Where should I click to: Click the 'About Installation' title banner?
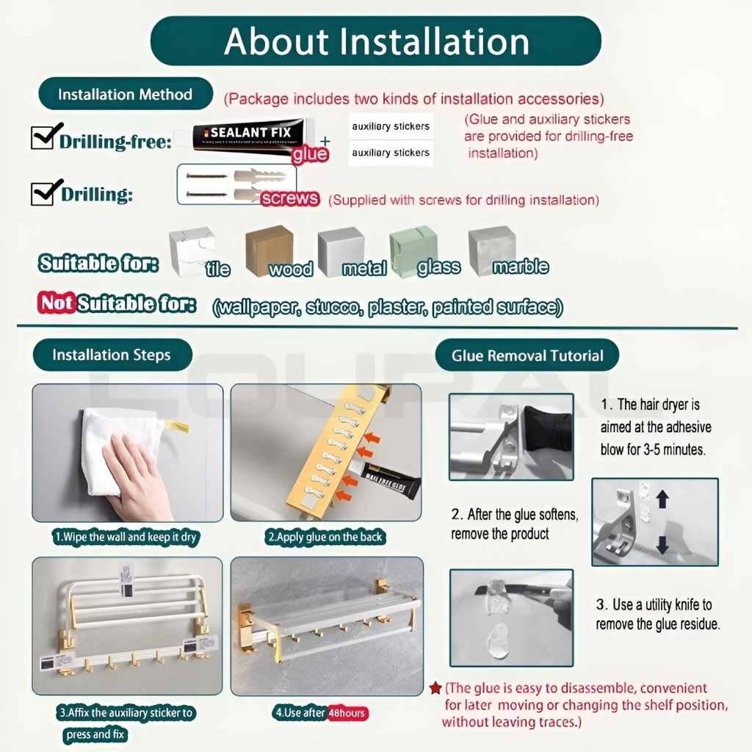click(x=375, y=41)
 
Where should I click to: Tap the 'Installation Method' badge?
click(x=125, y=95)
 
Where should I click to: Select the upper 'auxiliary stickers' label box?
click(x=390, y=126)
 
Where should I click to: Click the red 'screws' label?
click(x=289, y=198)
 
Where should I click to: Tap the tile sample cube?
click(x=191, y=251)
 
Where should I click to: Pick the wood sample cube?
click(x=268, y=250)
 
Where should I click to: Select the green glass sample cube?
click(x=413, y=250)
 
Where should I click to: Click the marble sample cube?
click(x=491, y=250)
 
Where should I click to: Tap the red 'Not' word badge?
click(x=57, y=303)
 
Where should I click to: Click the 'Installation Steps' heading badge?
click(x=112, y=355)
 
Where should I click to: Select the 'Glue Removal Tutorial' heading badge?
click(x=527, y=356)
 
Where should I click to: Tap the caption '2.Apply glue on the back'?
click(x=325, y=537)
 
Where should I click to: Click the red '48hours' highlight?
click(x=347, y=713)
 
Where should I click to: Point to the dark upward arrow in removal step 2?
click(x=662, y=499)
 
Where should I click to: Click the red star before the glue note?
click(x=435, y=688)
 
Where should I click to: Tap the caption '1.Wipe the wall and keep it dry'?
click(x=126, y=537)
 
